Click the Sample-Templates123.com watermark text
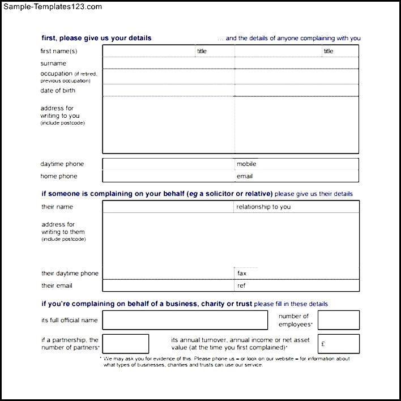pos(52,7)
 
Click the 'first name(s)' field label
pos(59,52)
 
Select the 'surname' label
pos(53,63)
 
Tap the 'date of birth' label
pos(58,91)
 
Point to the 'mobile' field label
pos(246,164)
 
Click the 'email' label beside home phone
pos(245,176)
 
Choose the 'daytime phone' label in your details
pos(62,164)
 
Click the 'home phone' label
pos(59,176)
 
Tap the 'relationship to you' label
pos(263,207)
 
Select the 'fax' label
pos(242,274)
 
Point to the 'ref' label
pos(241,285)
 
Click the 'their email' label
pos(57,285)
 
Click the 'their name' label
pos(57,207)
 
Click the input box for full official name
pos(185,320)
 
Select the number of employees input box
pos(339,320)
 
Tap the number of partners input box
pos(126,344)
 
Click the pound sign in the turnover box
pos(323,344)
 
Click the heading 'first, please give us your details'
pos(96,39)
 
